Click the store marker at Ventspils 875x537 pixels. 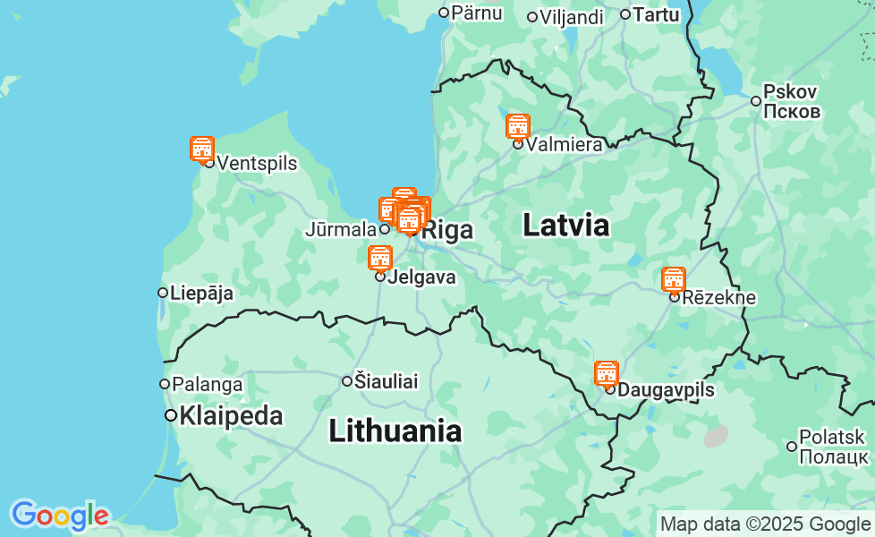tap(202, 149)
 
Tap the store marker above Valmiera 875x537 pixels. tap(518, 126)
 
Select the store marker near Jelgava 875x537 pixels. tap(380, 258)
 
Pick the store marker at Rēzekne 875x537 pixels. tap(674, 279)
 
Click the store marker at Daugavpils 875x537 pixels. tap(607, 373)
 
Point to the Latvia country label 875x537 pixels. tap(565, 226)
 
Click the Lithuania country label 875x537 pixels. tap(395, 431)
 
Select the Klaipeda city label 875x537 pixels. tap(231, 416)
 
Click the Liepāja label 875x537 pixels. tap(201, 293)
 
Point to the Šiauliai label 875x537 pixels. tap(386, 381)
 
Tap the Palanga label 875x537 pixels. tap(207, 385)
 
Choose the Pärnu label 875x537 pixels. tap(477, 13)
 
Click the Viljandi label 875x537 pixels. tap(572, 17)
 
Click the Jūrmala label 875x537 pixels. tap(341, 229)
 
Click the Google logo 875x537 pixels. tap(60, 515)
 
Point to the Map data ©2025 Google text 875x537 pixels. tap(765, 524)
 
